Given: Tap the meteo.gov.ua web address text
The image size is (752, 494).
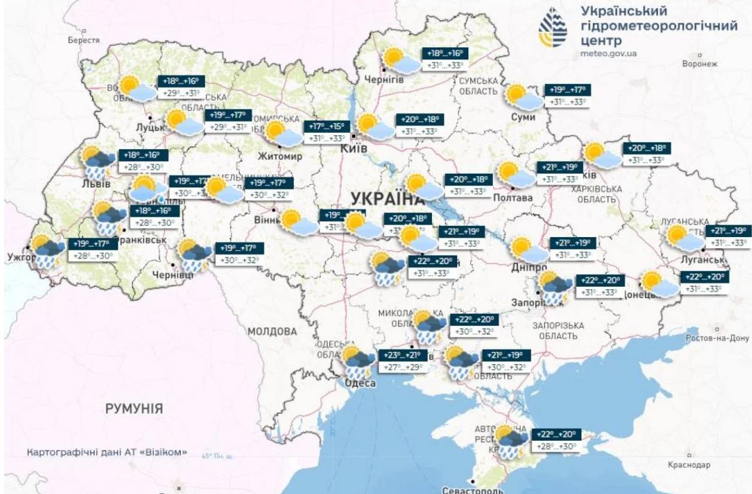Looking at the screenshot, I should [x=608, y=53].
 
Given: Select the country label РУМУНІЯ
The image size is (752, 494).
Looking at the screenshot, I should [x=134, y=409].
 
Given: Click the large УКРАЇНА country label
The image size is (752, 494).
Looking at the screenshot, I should [x=383, y=198].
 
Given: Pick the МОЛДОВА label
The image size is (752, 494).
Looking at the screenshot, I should [x=273, y=331].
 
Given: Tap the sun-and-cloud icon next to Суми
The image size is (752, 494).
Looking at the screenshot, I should [x=523, y=97].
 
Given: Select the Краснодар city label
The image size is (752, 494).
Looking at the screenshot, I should [x=690, y=465].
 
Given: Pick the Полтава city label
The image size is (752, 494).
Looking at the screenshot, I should [x=513, y=198].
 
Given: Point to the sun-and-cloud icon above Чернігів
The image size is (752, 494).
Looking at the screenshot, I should [x=401, y=60].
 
